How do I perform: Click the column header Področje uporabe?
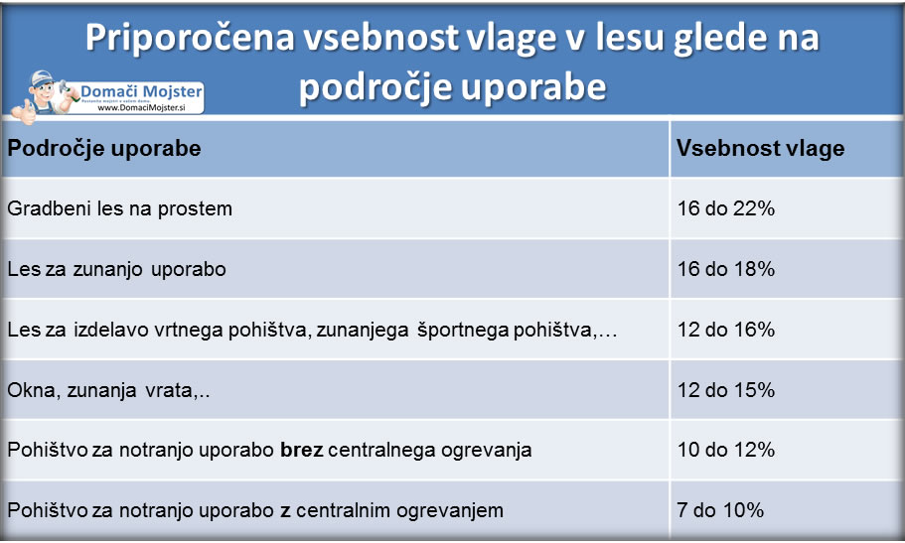(x=104, y=149)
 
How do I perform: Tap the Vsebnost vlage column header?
(x=760, y=149)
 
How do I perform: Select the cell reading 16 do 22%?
(x=725, y=208)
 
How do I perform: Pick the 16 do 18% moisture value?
(x=725, y=269)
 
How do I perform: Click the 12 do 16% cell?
(x=725, y=330)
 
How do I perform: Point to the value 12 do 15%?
(x=725, y=390)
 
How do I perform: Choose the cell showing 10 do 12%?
(x=725, y=450)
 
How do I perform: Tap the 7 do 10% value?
(x=720, y=510)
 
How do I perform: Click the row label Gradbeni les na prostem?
(x=119, y=208)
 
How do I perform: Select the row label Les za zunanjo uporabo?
(x=116, y=269)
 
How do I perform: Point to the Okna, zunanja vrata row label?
(x=108, y=391)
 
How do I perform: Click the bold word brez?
(x=301, y=450)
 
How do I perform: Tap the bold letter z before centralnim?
(x=284, y=511)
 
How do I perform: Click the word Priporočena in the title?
(x=190, y=38)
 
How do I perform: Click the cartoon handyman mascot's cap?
(x=42, y=77)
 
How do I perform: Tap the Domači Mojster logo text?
(x=141, y=91)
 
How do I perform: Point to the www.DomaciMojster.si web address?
(x=141, y=108)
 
